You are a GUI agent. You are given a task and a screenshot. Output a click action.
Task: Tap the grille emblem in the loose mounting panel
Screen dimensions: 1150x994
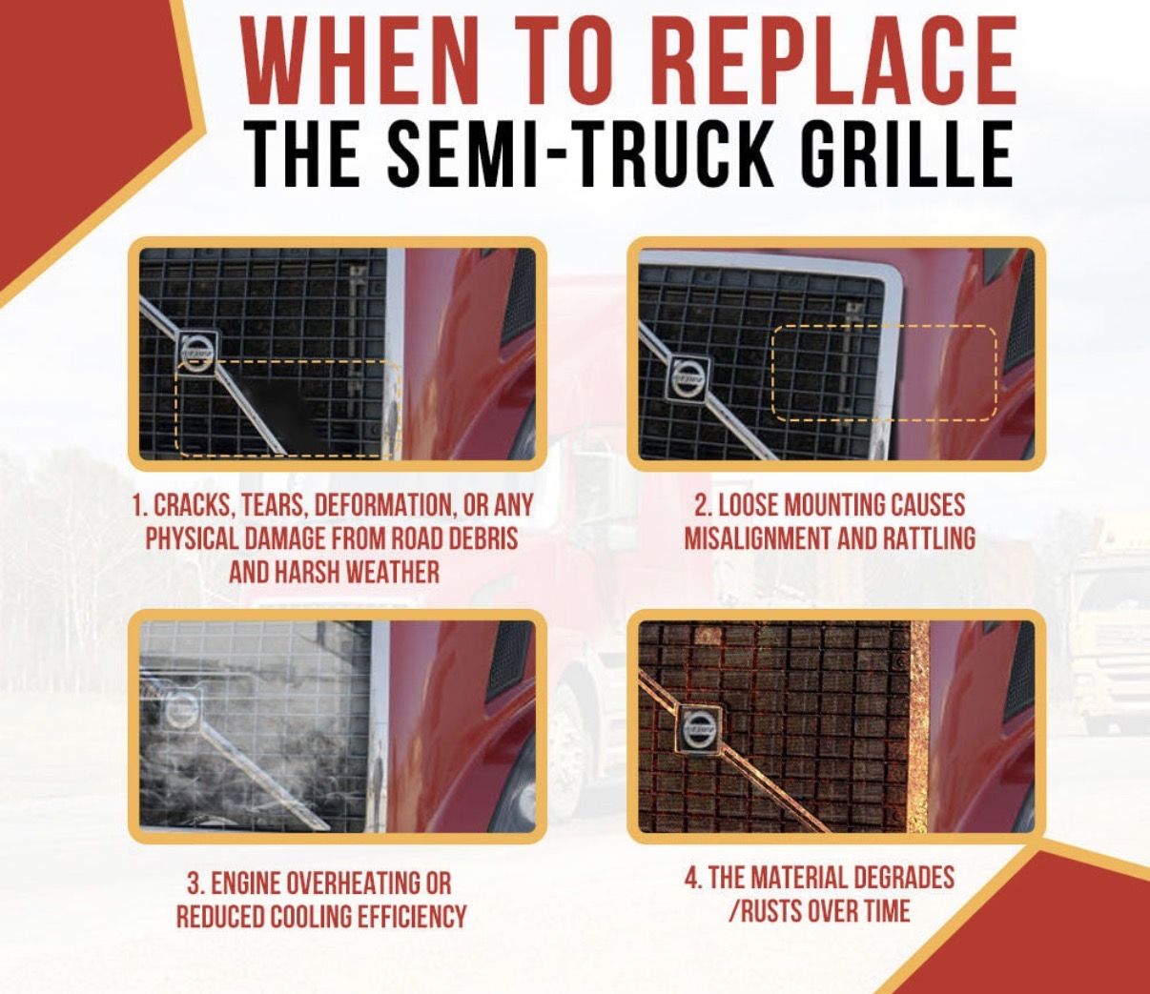[x=688, y=377]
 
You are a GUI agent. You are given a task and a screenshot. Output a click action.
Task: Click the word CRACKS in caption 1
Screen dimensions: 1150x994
[x=188, y=506]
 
